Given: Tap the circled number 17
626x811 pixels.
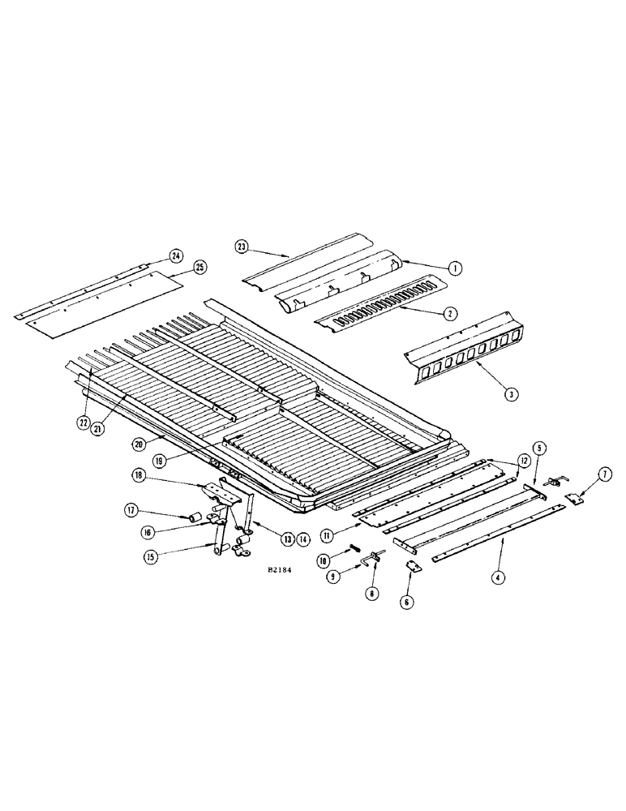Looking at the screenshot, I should (130, 511).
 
